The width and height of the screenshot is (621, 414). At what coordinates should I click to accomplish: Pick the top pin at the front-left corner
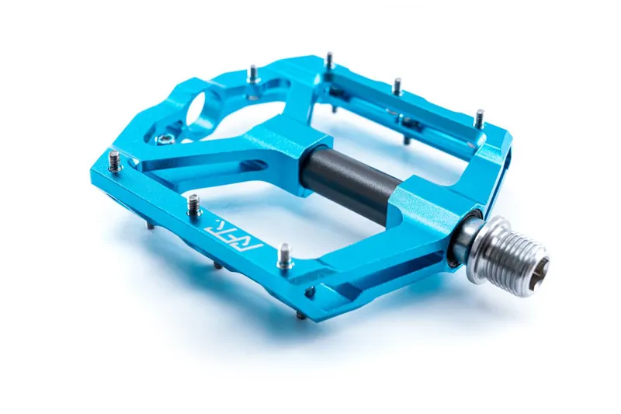114,160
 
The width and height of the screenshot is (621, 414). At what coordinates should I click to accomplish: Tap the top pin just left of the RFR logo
193,204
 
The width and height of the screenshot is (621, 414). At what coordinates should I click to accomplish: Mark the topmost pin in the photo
329,59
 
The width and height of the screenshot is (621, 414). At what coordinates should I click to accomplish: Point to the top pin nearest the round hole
252,74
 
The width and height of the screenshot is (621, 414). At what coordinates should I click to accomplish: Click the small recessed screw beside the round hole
165,139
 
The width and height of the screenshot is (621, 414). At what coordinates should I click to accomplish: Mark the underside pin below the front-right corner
300,315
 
